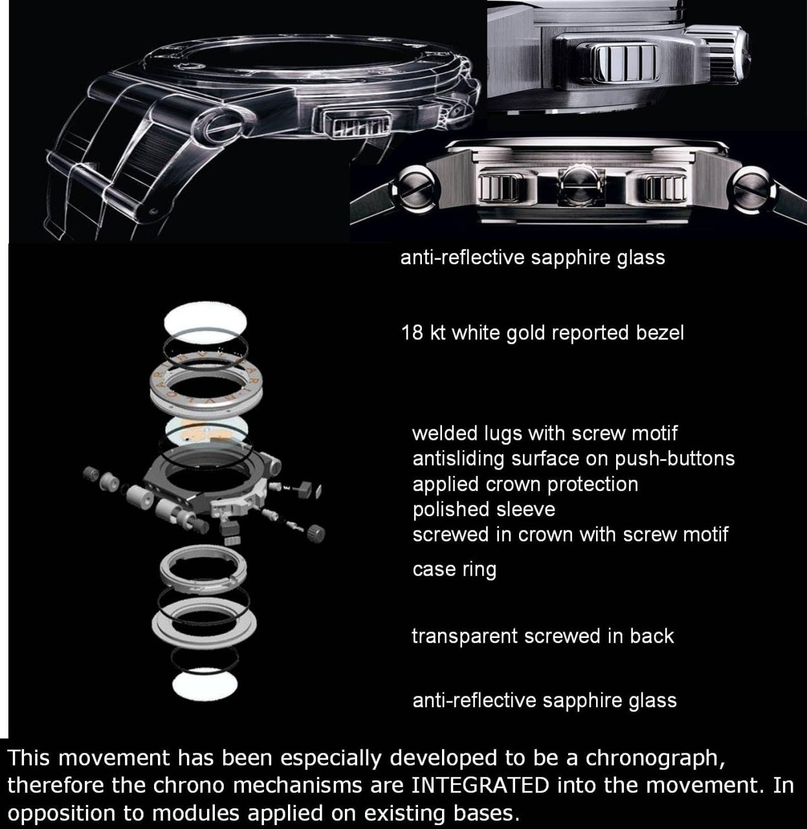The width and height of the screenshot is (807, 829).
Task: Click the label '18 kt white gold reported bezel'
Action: coord(542,333)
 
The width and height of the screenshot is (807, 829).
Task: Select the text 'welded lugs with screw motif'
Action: coord(545,434)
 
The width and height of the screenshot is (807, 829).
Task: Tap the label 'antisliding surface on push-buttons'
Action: coord(574,459)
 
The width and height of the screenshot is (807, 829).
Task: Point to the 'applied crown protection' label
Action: coord(525,484)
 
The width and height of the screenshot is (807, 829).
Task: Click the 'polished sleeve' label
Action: coord(484,510)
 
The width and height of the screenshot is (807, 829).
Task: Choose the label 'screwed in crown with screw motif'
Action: coord(570,534)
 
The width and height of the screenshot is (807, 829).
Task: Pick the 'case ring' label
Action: coord(454,569)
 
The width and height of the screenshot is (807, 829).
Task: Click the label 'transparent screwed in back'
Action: coord(543,636)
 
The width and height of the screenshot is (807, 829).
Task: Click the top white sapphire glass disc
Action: coord(206,322)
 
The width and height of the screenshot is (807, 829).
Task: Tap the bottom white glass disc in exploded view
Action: coord(205,685)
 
